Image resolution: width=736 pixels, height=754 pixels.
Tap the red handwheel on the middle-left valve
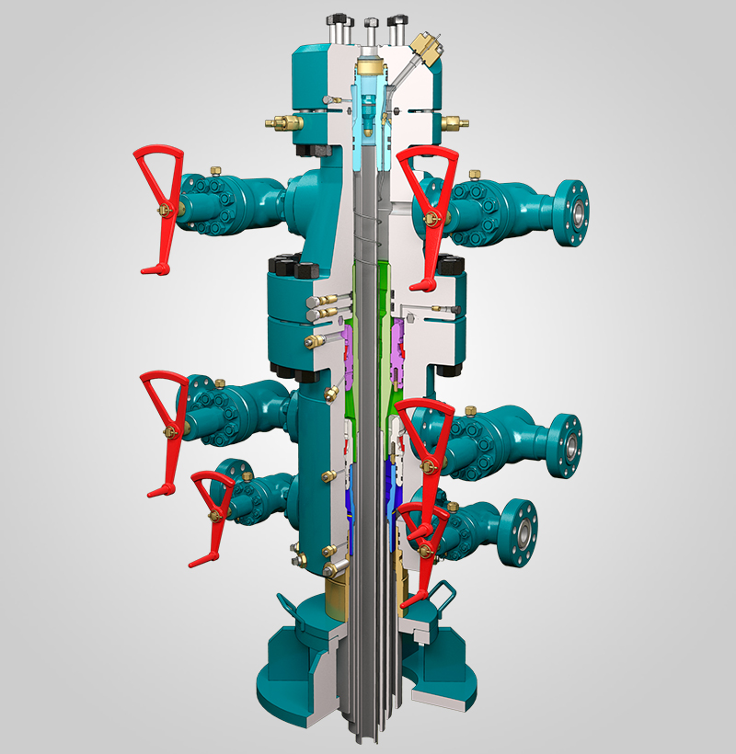point(166,414)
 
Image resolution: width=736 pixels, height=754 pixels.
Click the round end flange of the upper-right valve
point(571,211)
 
